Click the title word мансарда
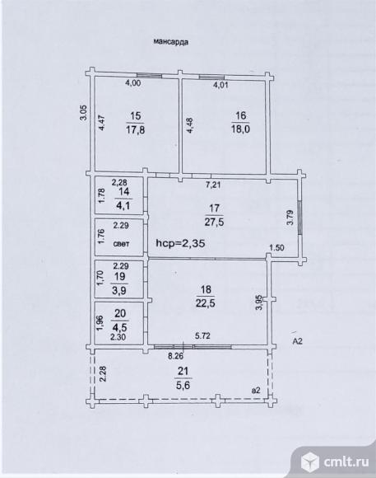(170, 41)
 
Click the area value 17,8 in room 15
(136, 130)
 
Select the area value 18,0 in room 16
(240, 129)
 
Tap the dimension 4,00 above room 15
(133, 82)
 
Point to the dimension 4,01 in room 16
(220, 84)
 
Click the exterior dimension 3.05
(84, 113)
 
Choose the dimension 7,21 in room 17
(213, 185)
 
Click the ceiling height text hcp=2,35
(180, 243)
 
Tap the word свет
(121, 244)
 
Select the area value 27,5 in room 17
(214, 222)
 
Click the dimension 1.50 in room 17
(276, 247)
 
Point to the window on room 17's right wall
(299, 218)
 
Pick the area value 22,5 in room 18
(206, 303)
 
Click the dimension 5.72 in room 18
(202, 336)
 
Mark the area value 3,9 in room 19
(119, 290)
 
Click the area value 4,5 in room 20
(120, 327)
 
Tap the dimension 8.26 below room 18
(176, 355)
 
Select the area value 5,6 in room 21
(183, 385)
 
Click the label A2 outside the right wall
(298, 341)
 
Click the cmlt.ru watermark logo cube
(310, 462)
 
